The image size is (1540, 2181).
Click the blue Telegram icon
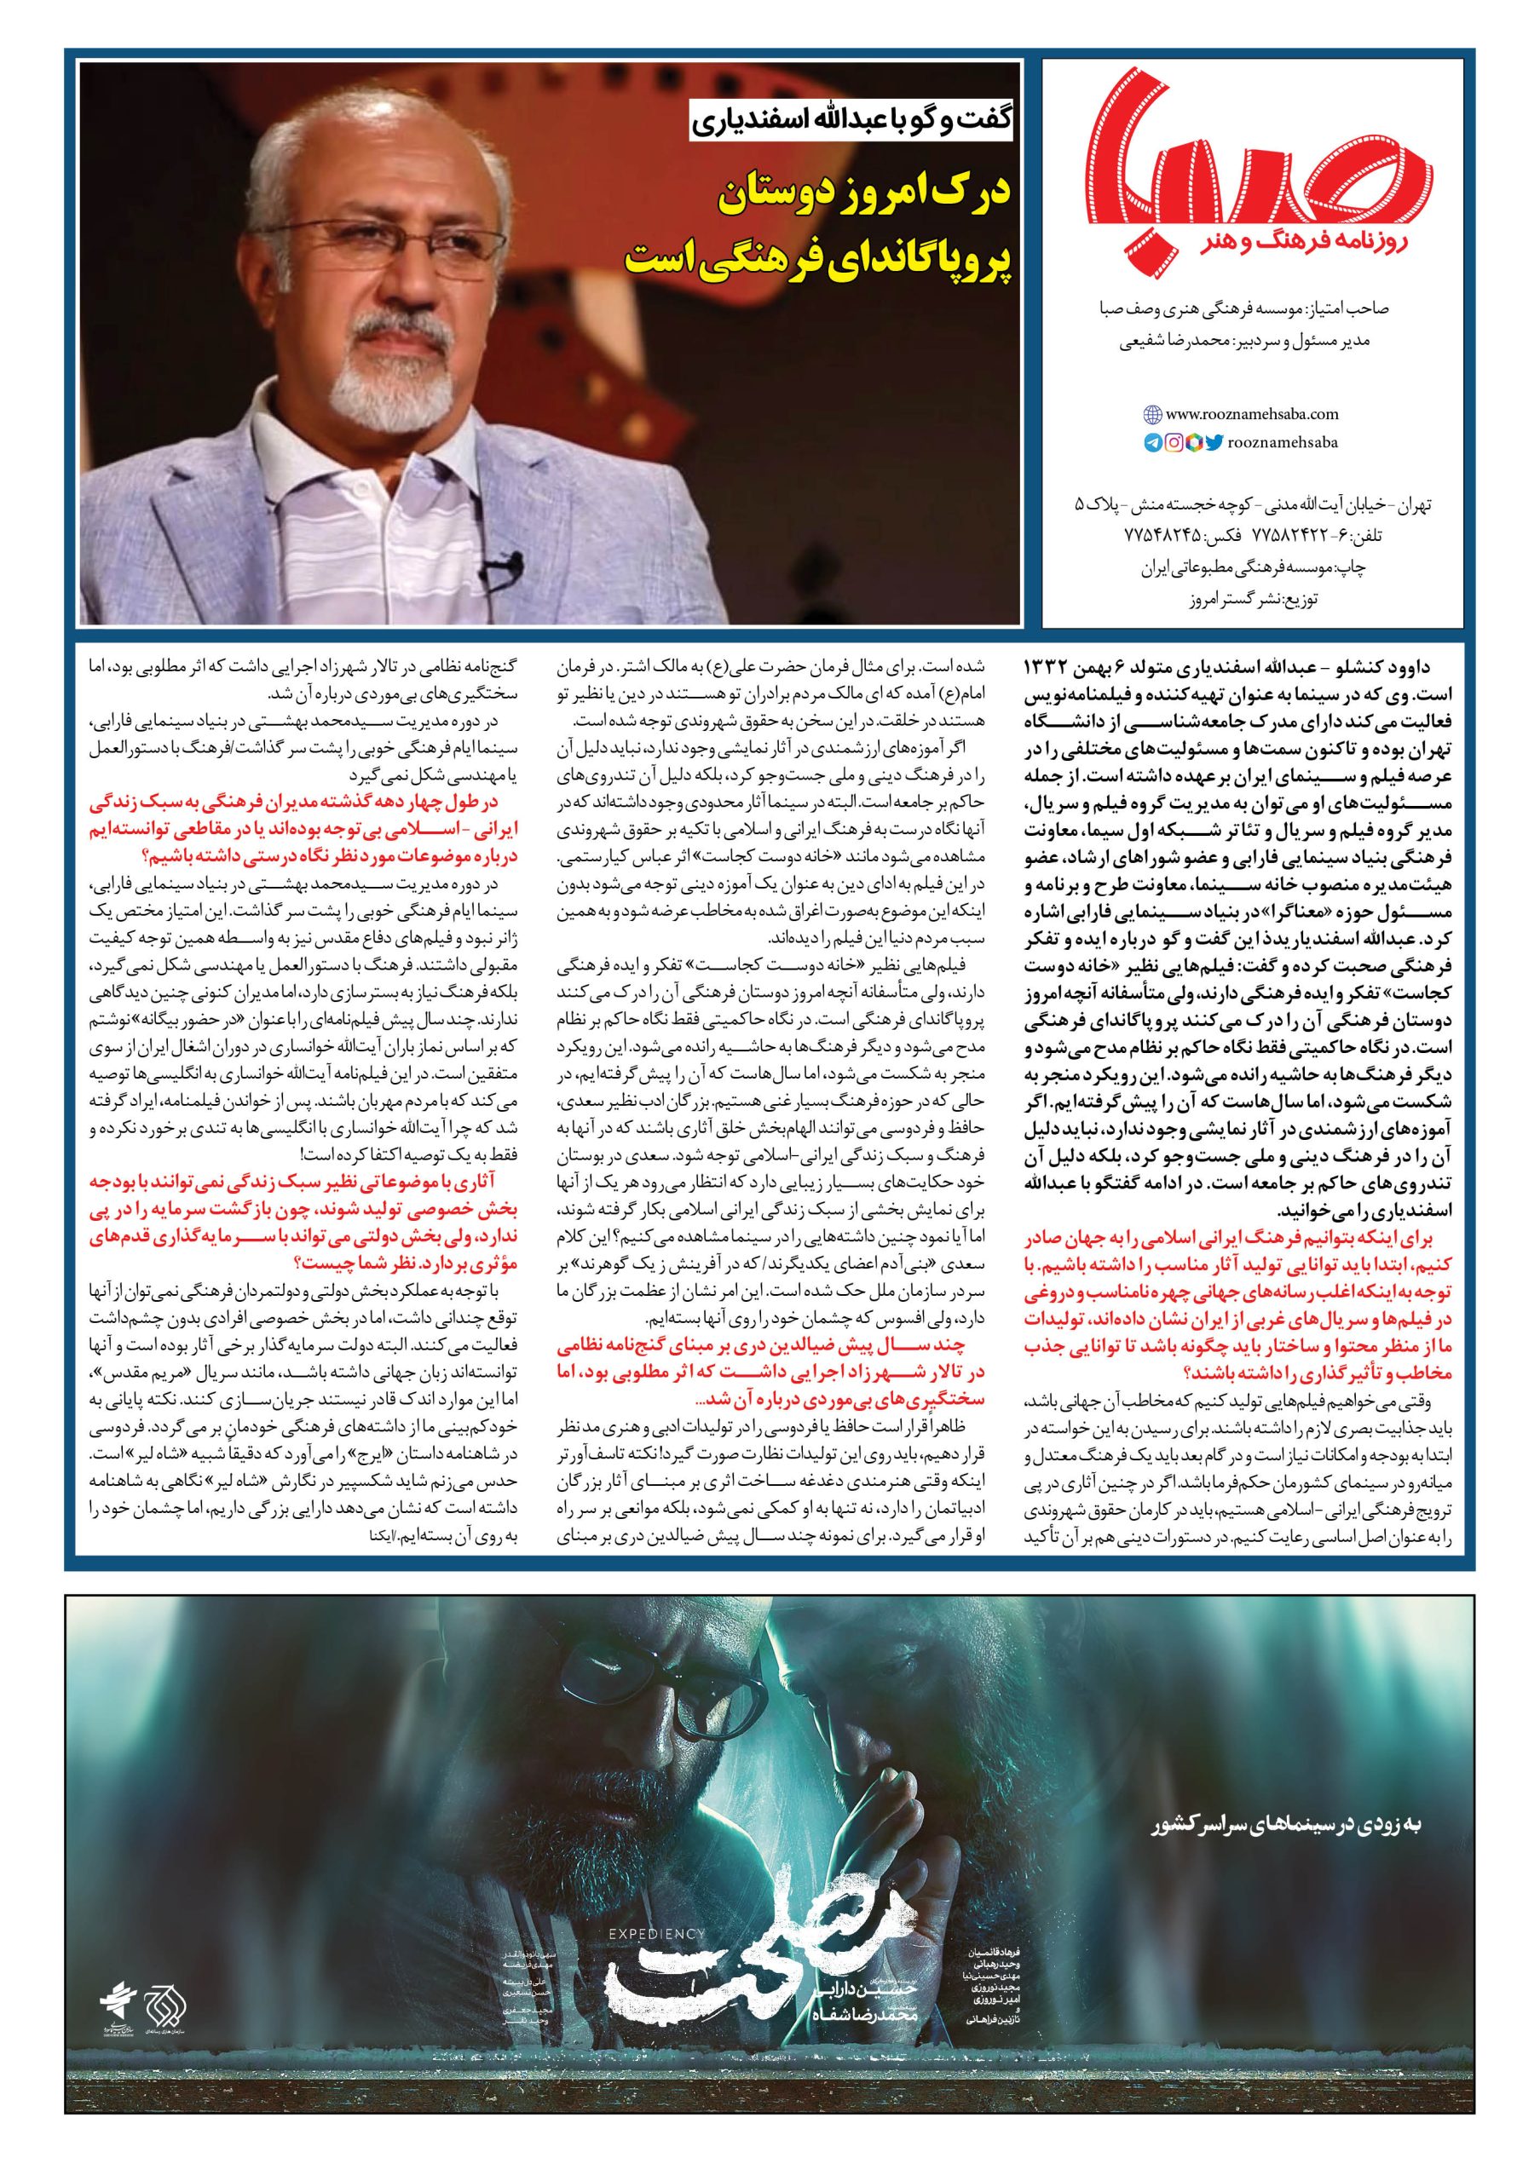1152,440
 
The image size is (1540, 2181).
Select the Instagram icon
1174,440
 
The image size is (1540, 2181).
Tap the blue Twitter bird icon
1214,440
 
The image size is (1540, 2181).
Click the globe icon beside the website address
1152,414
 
